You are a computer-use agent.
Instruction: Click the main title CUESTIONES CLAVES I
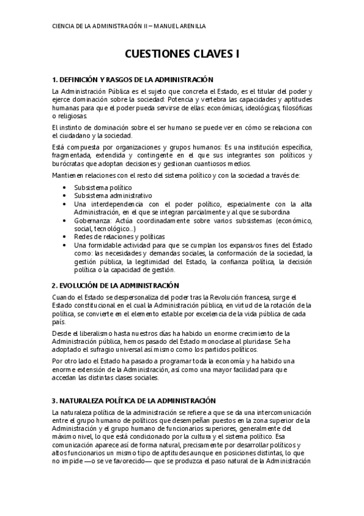coord(182,54)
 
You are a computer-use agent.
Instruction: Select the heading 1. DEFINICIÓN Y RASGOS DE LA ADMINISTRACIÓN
coord(133,80)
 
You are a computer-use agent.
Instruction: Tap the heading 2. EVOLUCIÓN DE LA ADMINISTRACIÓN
coord(115,285)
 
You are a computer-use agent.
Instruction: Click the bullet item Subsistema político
coord(98,188)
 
